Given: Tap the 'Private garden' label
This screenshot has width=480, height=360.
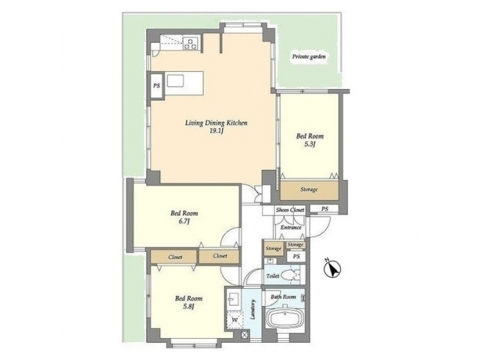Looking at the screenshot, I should (308, 58).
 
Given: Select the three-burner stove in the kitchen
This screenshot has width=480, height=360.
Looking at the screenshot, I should (191, 45).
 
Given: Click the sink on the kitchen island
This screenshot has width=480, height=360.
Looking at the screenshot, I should (176, 81).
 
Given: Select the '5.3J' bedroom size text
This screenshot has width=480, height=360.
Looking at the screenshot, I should (309, 143).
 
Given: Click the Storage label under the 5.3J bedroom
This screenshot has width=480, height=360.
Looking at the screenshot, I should (309, 190).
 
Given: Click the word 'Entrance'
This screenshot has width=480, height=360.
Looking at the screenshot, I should (291, 227).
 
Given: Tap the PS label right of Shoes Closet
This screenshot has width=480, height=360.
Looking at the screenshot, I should (325, 209).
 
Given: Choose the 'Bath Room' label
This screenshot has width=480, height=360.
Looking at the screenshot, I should (284, 296).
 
